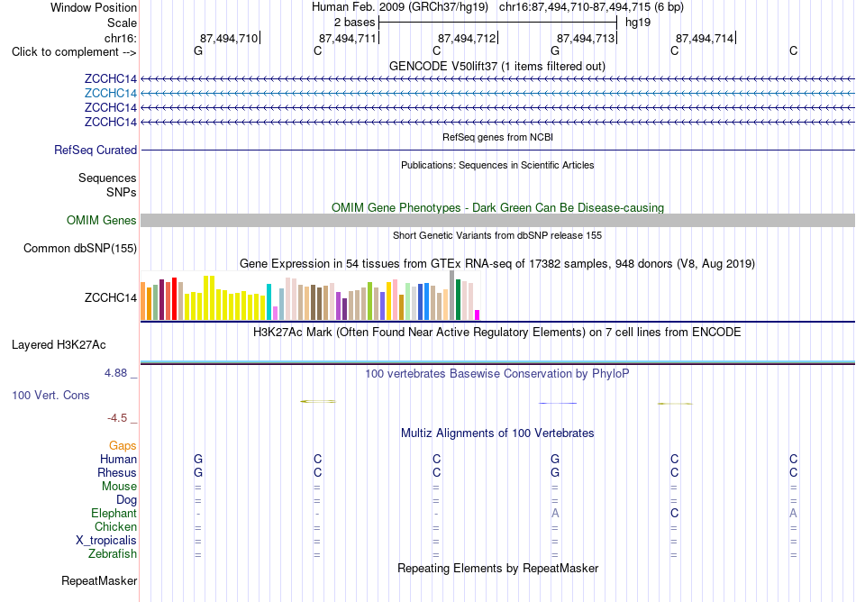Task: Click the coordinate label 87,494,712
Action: tap(466, 38)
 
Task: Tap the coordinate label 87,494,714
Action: tap(705, 38)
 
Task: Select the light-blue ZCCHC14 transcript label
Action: tap(111, 94)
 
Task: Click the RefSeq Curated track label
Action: tap(96, 150)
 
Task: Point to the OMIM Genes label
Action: tap(102, 221)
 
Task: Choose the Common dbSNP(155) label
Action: tap(80, 249)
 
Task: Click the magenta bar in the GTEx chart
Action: tap(478, 315)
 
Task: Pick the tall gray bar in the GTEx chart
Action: tap(452, 296)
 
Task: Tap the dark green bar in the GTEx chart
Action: tap(458, 299)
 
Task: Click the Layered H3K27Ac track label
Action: tap(59, 345)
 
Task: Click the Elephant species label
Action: tap(114, 514)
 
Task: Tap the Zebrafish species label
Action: tap(113, 554)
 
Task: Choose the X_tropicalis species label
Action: tap(106, 541)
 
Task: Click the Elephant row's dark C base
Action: tap(675, 514)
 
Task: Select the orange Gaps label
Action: tap(123, 446)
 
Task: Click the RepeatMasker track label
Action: tap(99, 580)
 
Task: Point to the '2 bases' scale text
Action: tap(355, 23)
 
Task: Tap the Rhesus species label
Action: tap(117, 472)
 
